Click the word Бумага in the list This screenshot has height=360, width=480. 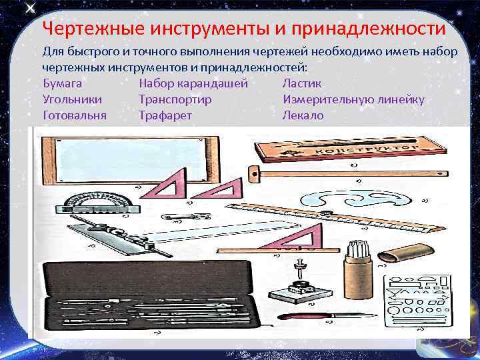[62, 83]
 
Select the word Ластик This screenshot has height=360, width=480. [301, 83]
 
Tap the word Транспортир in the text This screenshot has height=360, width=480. [175, 99]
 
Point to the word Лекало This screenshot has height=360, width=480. [303, 115]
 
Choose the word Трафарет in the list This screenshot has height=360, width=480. [165, 115]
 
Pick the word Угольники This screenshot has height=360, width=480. [72, 99]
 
